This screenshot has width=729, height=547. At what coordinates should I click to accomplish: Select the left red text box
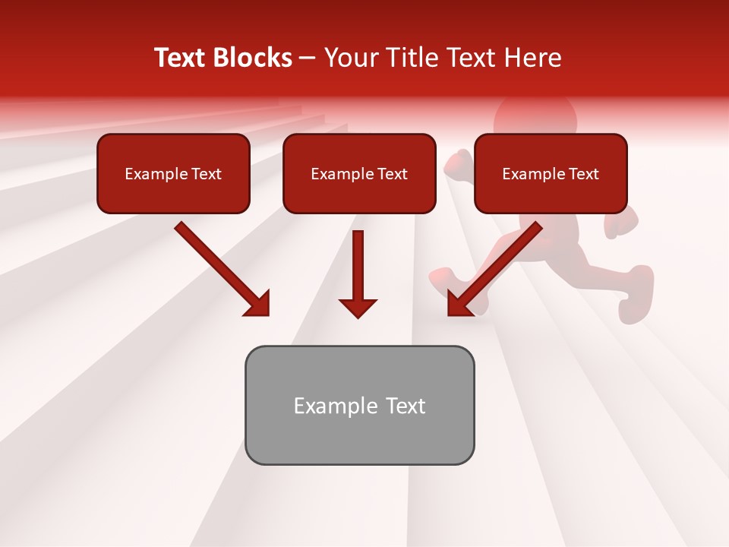click(173, 173)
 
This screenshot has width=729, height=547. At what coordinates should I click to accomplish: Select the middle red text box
click(359, 173)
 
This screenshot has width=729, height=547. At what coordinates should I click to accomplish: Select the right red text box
click(551, 173)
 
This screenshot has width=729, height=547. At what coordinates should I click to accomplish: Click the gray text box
click(359, 405)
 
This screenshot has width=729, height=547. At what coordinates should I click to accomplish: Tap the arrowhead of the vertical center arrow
click(358, 308)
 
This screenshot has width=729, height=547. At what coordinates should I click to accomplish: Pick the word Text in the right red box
click(583, 174)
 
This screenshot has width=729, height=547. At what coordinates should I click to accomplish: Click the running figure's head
click(535, 118)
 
